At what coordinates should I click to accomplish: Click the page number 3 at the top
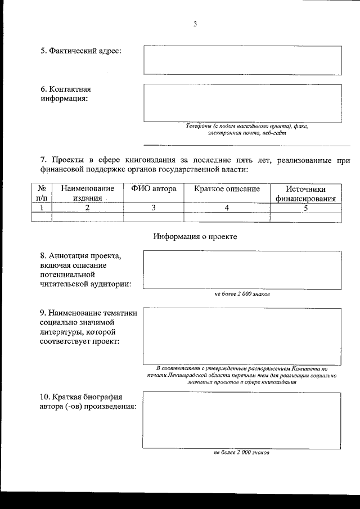(195, 24)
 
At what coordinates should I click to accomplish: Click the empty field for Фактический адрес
(242, 60)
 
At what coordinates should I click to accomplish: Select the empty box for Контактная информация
(242, 103)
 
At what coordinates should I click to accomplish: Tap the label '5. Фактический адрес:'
(81, 51)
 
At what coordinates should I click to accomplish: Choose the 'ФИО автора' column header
(154, 189)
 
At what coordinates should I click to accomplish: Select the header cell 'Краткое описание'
(227, 189)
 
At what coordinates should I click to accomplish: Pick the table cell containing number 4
(227, 207)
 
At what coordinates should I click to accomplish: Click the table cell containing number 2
(87, 207)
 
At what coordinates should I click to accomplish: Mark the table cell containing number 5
(305, 207)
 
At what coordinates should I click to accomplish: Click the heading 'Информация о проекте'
(195, 236)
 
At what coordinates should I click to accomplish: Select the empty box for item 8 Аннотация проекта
(242, 270)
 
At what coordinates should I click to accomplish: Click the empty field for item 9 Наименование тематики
(242, 336)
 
